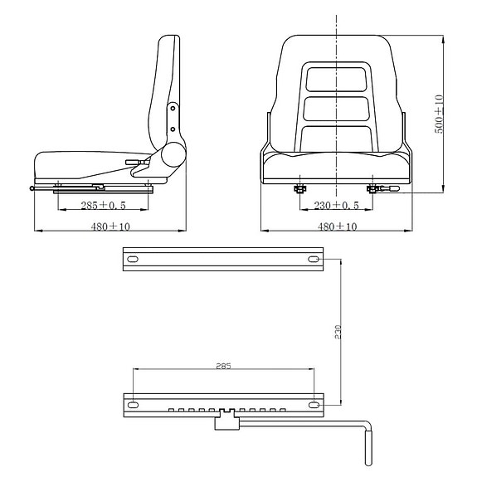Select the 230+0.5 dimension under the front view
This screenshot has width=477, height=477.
(335, 205)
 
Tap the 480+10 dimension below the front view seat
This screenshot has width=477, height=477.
(336, 226)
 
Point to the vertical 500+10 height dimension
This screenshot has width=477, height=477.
(439, 114)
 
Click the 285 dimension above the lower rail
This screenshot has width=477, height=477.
(222, 365)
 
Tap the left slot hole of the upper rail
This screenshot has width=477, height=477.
(132, 260)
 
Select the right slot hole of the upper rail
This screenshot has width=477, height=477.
(314, 260)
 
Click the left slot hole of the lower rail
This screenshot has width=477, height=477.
(132, 405)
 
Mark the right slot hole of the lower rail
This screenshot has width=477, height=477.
(314, 405)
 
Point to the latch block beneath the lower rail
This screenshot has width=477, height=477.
(224, 423)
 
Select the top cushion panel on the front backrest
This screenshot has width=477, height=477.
(335, 78)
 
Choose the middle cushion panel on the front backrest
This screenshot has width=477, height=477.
(335, 109)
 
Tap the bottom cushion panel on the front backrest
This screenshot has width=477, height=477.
(335, 138)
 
